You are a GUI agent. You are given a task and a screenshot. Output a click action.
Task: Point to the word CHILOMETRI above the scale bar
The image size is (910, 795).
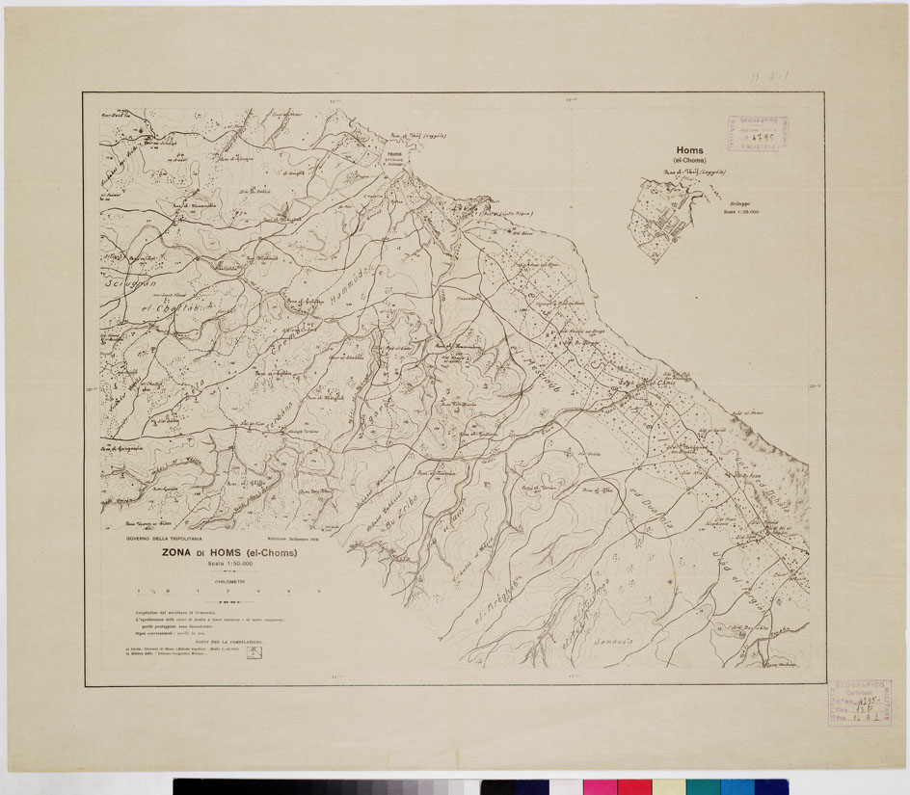coord(228,581)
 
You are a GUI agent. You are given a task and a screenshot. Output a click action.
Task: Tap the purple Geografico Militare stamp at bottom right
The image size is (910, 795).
coord(858,702)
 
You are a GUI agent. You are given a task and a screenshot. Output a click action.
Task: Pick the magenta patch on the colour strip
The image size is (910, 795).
coord(633,786)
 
